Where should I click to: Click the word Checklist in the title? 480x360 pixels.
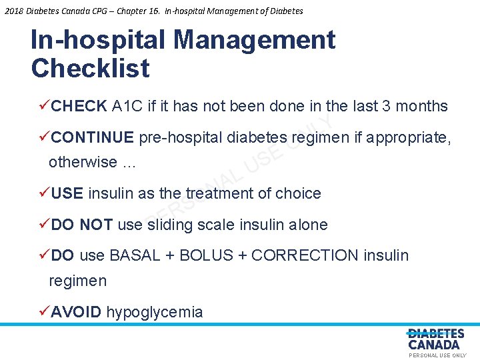click(90, 68)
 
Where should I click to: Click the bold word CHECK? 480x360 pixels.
click(79, 106)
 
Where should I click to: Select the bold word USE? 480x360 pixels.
click(67, 193)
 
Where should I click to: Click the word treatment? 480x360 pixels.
click(219, 193)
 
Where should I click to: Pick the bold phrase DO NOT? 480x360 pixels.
click(82, 225)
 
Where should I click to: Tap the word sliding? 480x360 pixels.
click(169, 225)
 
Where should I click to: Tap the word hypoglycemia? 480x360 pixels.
click(155, 312)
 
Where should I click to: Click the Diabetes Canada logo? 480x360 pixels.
click(435, 339)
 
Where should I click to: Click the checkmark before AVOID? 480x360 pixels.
click(44, 311)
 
